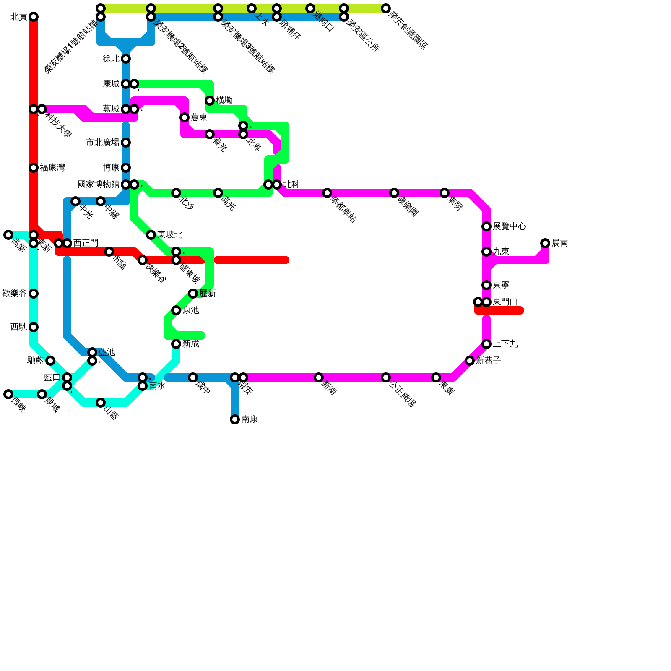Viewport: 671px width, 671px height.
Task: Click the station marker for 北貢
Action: point(34,17)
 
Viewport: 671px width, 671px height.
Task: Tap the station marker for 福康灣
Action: point(34,168)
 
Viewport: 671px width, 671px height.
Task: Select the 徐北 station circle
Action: point(126,59)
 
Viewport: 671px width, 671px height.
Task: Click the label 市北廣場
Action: point(103,143)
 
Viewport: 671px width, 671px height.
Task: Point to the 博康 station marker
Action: point(126,168)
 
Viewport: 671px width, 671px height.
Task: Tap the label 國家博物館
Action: point(99,185)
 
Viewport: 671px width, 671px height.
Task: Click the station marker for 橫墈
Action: point(210,101)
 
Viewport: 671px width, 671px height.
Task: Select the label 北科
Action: point(291,185)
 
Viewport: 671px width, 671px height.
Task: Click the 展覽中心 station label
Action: point(509,226)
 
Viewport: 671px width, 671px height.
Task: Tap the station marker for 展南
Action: point(545,243)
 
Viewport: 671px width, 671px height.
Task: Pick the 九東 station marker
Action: point(486,252)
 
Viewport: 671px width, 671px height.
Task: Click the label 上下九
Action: point(505,344)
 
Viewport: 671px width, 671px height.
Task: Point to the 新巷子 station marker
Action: point(470,361)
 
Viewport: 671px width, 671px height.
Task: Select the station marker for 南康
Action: point(235,419)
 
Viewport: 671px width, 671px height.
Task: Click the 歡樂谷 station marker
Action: point(34,294)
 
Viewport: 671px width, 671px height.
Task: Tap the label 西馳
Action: point(18,327)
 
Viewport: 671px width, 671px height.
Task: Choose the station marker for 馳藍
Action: point(50,361)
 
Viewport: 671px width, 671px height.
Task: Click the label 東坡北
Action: point(169,235)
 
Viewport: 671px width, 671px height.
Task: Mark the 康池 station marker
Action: point(176,310)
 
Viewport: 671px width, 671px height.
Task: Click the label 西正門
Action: point(86,243)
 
